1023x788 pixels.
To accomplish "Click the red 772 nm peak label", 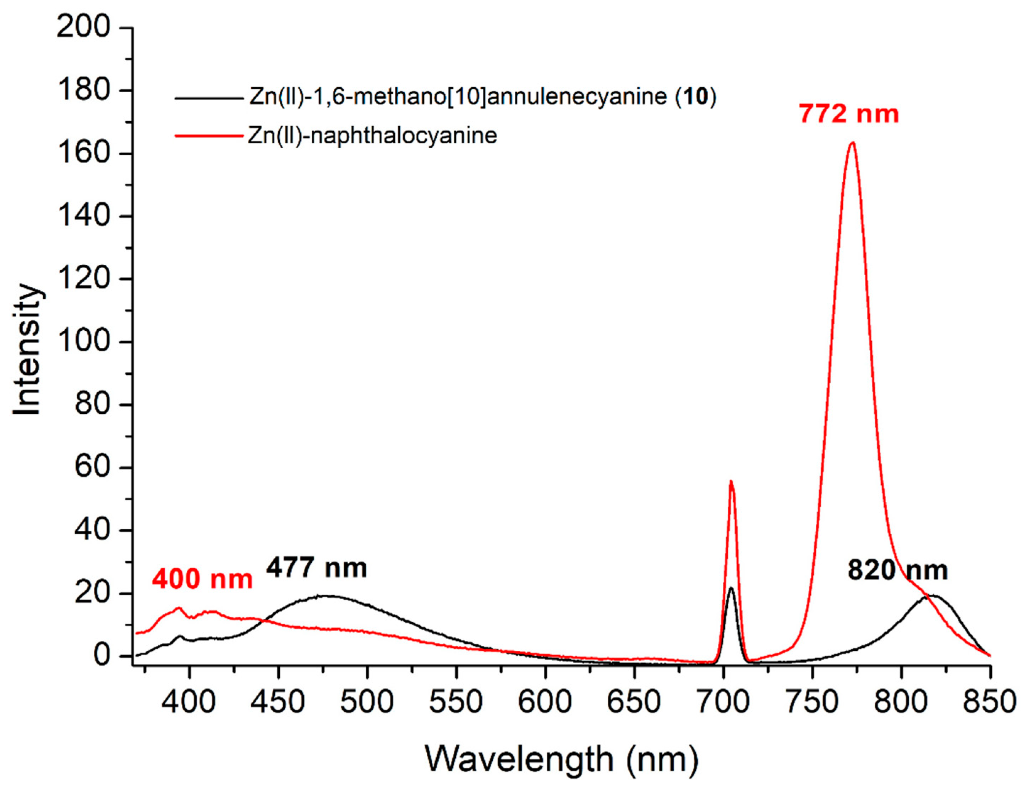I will pos(849,114).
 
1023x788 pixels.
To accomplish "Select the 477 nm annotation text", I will pos(317,568).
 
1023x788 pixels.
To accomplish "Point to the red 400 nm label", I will pos(202,579).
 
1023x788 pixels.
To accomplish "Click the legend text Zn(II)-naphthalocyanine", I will pos(372,136).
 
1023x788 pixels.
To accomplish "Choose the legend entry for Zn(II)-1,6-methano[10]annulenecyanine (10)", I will pos(482,97).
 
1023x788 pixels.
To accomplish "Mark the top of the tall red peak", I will pos(852,143).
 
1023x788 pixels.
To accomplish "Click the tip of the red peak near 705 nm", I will pos(731,481).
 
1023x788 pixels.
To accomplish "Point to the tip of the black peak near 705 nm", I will pos(731,588).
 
